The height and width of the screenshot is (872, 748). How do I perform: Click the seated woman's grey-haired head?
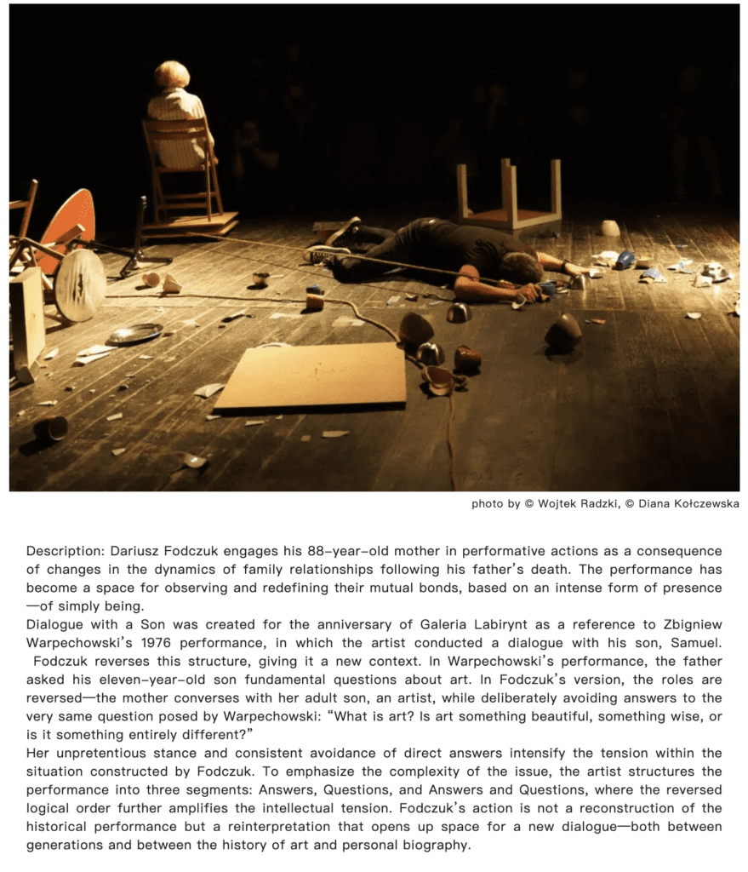click(x=172, y=74)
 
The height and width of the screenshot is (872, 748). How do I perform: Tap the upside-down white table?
click(x=509, y=196)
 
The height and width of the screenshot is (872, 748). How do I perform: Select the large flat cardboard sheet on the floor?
click(x=311, y=376)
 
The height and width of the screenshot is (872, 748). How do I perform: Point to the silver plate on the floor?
click(x=134, y=334)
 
